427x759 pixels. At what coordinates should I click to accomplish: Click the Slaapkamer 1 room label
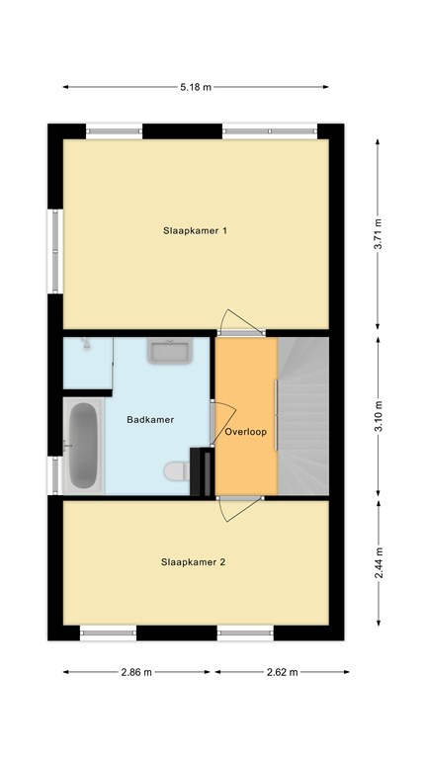pos(195,231)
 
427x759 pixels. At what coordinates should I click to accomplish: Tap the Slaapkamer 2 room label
pos(193,562)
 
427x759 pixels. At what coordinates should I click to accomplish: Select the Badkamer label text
pos(150,420)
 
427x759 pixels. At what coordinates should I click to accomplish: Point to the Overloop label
pos(245,432)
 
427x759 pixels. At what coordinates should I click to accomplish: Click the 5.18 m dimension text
pos(196,88)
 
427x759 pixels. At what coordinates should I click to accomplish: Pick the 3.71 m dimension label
pos(379,233)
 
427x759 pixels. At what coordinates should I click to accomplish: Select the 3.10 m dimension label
pos(379,416)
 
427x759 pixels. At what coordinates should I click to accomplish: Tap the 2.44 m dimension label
pos(379,563)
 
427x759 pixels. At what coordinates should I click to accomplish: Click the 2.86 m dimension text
pos(136,672)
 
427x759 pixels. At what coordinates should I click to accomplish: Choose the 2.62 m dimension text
pos(283,672)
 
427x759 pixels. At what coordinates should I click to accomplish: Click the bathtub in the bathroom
pos(83,446)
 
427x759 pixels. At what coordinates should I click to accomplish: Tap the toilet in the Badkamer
pos(176,471)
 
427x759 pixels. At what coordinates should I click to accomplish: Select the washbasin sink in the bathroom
pos(170,351)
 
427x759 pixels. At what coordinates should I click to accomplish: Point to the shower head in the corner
pos(86,343)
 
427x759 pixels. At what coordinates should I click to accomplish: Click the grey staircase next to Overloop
pos(303,416)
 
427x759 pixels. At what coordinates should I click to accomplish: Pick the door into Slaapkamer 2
pos(240,508)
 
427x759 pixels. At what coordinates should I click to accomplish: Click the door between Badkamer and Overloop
pos(222,424)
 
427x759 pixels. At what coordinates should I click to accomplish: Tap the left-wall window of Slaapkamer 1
pos(55,251)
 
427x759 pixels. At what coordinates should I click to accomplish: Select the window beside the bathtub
pos(54,474)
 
